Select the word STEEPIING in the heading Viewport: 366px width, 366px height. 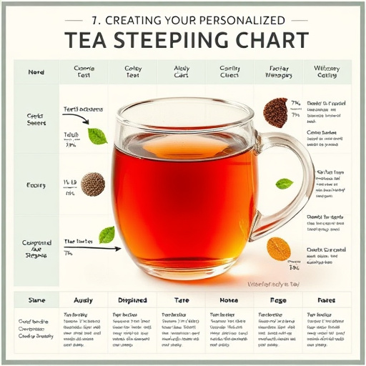pyautogui.click(x=167, y=39)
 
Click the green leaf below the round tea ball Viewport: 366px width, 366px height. pyautogui.click(x=107, y=234)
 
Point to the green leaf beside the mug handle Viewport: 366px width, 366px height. pyautogui.click(x=284, y=184)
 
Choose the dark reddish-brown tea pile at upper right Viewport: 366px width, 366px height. pyautogui.click(x=275, y=112)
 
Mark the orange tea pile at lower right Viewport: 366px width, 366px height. pyautogui.click(x=279, y=249)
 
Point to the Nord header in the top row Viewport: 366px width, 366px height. pyautogui.click(x=36, y=72)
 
